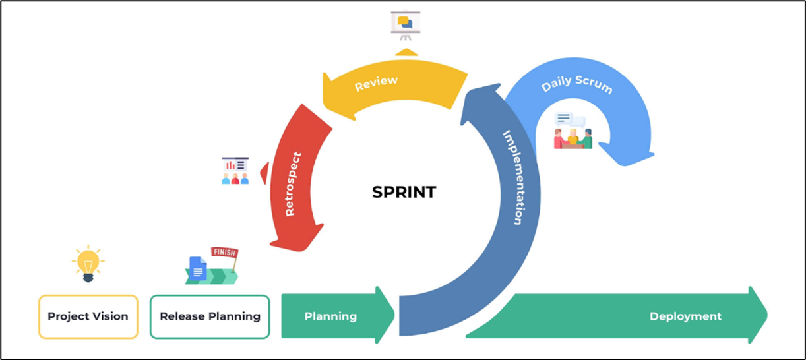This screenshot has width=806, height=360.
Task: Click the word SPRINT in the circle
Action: click(404, 192)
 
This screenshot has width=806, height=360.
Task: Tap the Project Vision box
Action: click(88, 316)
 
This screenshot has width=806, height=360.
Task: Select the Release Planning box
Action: click(210, 316)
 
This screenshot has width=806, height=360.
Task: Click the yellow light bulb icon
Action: click(88, 262)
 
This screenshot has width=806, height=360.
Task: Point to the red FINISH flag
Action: click(224, 253)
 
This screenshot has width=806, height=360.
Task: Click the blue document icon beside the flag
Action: click(198, 268)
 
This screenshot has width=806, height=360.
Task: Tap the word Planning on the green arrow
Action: click(330, 316)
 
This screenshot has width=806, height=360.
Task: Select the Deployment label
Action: click(685, 316)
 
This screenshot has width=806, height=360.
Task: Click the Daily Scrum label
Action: click(576, 86)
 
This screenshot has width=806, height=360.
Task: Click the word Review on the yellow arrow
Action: click(376, 84)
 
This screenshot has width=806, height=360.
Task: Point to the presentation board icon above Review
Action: click(406, 25)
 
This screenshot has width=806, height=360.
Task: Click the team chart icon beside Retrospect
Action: click(235, 171)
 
